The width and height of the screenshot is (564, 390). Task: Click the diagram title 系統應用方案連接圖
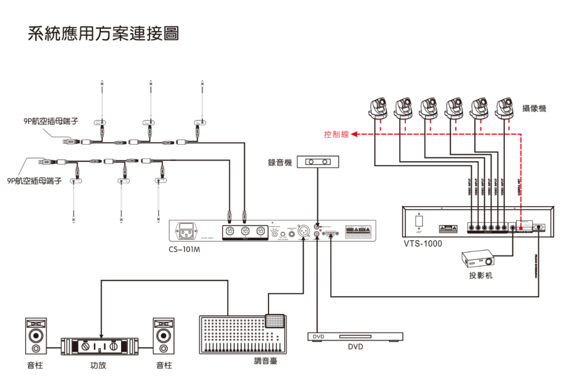pyautogui.click(x=103, y=33)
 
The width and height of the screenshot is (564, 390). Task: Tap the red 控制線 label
pyautogui.click(x=334, y=135)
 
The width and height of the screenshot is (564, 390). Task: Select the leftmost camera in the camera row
pyautogui.click(x=378, y=108)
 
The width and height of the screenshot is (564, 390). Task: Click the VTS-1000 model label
pyautogui.click(x=423, y=243)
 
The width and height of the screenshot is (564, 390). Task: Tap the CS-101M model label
pyautogui.click(x=184, y=250)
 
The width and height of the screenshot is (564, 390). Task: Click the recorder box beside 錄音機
pyautogui.click(x=317, y=162)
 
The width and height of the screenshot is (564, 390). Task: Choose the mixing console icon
pyautogui.click(x=243, y=334)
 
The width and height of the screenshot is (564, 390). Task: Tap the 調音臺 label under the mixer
pyautogui.click(x=265, y=359)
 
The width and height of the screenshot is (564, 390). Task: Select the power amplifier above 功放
pyautogui.click(x=101, y=346)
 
